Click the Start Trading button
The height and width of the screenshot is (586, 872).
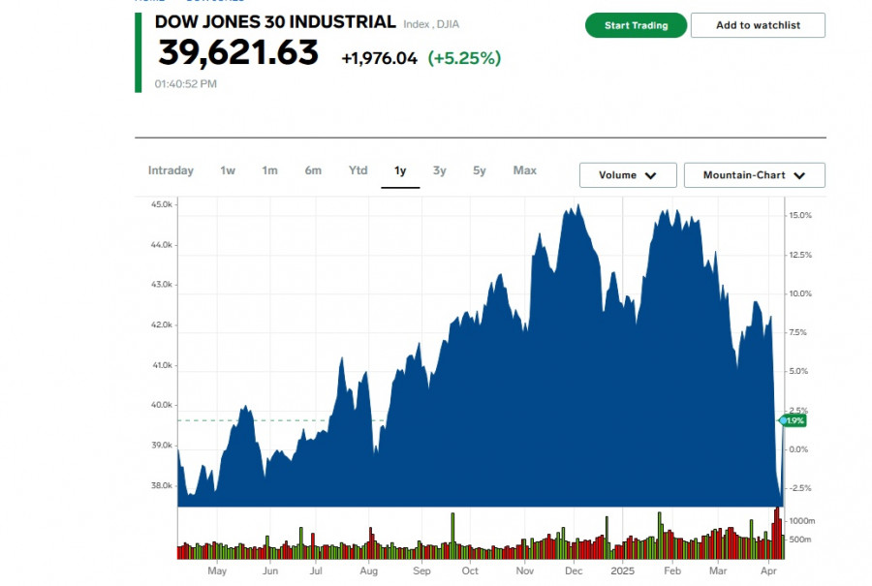636,25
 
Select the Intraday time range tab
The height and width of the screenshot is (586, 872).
171,170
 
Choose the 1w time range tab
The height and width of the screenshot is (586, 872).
228,170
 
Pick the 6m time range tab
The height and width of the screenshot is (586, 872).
313,170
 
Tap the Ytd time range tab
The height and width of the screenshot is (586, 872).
358,170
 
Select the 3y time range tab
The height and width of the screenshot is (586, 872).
440,170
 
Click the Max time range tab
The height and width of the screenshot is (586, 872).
525,170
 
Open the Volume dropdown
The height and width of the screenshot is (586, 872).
628,175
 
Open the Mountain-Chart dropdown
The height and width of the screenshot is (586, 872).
754,175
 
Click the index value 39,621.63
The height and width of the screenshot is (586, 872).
238,53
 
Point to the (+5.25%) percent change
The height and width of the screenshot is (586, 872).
464,58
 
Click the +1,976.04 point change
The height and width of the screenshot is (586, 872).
379,58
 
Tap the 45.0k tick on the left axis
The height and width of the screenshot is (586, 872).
161,204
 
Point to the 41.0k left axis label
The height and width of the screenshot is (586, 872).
161,365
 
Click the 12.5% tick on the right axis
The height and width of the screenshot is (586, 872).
800,255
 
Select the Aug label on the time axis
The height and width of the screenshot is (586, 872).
369,571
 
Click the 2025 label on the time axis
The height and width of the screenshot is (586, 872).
622,571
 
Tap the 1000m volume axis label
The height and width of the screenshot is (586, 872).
801,521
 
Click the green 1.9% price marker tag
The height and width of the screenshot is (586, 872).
794,420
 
